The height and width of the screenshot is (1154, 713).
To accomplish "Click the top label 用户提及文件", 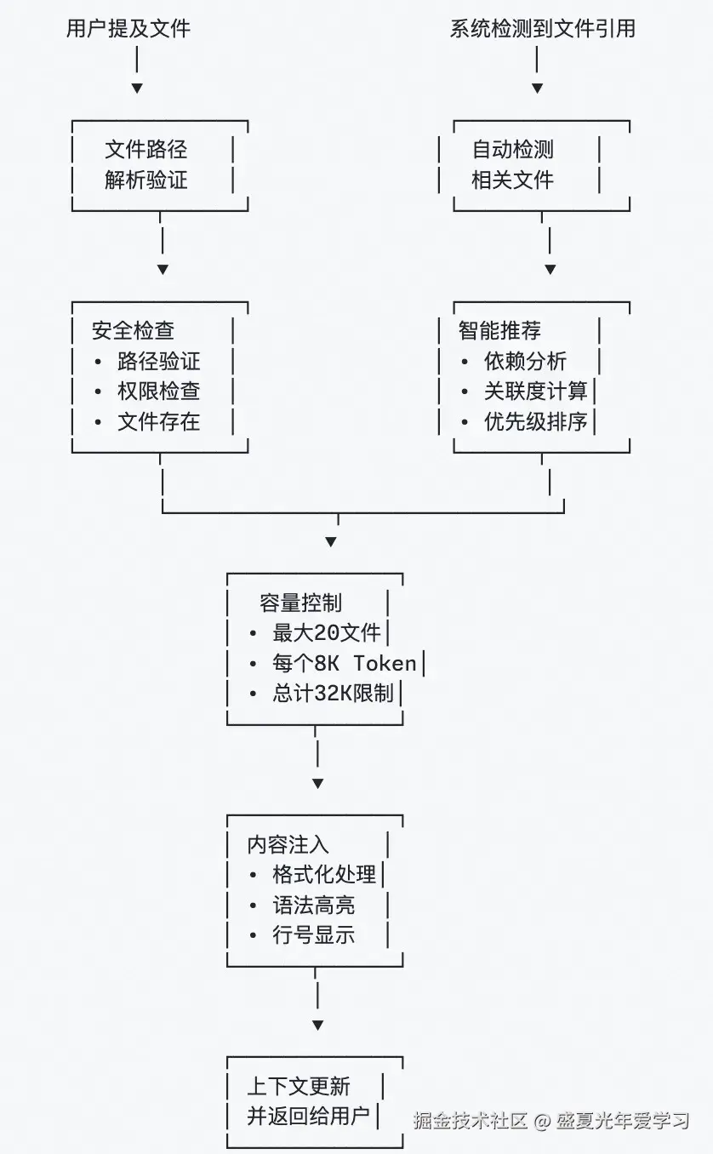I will pyautogui.click(x=128, y=28).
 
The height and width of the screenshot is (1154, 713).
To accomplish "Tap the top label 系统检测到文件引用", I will pyautogui.click(x=542, y=28).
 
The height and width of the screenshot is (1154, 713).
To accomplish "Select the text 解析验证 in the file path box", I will pyautogui.click(x=145, y=180).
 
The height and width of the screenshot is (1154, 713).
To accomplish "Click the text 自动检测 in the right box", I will pyautogui.click(x=512, y=150).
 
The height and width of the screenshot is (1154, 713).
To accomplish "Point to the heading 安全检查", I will pyautogui.click(x=133, y=330).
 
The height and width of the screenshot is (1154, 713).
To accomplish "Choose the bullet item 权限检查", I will pyautogui.click(x=158, y=391).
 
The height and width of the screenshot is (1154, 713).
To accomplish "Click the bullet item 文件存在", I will pyautogui.click(x=158, y=421).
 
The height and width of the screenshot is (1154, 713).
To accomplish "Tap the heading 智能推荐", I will pyautogui.click(x=499, y=330).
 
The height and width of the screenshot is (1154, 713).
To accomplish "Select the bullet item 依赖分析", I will pyautogui.click(x=525, y=361).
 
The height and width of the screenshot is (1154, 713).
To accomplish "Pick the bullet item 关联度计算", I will pyautogui.click(x=535, y=391).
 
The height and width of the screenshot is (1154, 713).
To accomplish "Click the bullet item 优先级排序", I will pyautogui.click(x=535, y=421).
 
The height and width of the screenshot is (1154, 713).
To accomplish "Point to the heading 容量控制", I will pyautogui.click(x=300, y=603).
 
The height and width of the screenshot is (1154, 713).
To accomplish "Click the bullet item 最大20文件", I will pyautogui.click(x=327, y=633).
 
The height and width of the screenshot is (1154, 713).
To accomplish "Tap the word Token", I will pyautogui.click(x=385, y=663).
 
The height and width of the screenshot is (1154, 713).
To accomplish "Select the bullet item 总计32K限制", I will pyautogui.click(x=333, y=694).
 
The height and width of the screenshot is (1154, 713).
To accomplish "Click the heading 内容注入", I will pyautogui.click(x=288, y=844).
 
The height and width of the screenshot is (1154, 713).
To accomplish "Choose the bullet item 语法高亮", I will pyautogui.click(x=313, y=905).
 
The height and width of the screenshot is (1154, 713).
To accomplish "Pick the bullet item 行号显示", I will pyautogui.click(x=313, y=935).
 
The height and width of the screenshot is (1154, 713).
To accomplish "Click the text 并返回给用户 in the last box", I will pyautogui.click(x=308, y=1116).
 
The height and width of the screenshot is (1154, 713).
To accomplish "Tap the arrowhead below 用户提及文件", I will pyautogui.click(x=137, y=89).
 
